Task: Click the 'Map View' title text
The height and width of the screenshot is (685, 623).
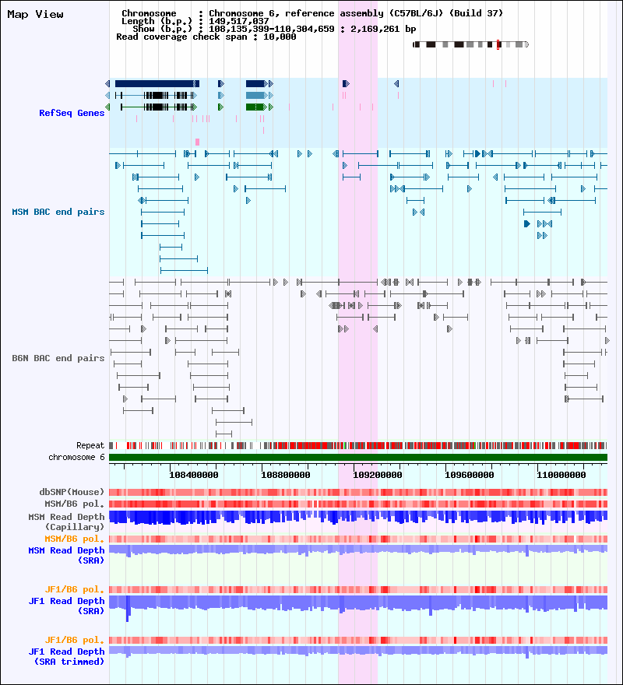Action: coord(35,15)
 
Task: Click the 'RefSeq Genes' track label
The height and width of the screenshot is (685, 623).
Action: coord(72,113)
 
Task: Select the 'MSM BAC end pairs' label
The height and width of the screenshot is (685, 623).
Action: coord(58,212)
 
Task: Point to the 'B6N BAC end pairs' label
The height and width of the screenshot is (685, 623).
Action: coord(58,358)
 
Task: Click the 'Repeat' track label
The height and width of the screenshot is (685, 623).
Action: coord(90,445)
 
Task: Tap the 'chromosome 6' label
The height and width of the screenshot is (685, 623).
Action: coord(76,457)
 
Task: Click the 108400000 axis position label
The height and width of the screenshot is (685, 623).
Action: coord(194,475)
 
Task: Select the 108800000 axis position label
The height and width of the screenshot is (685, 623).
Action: coord(286,475)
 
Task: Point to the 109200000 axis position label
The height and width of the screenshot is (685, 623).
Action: coord(377,475)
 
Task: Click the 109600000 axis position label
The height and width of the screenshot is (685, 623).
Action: coord(469,475)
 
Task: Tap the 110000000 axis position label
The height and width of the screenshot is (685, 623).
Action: coord(561,475)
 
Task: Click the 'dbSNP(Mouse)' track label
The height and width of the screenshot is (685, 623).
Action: coord(72,492)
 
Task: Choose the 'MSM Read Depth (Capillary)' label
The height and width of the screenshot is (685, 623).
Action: coord(66,522)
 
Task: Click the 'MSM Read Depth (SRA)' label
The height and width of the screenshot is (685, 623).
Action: coord(66,555)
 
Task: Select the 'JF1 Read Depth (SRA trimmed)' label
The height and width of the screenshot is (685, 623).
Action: coord(66,657)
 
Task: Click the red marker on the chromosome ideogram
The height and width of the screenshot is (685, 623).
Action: coord(498,44)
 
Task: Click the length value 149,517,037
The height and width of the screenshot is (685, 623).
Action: coord(239,21)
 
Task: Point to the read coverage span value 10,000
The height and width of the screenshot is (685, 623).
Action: coord(280,37)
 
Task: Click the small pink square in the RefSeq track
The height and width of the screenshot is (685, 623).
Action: coord(198,142)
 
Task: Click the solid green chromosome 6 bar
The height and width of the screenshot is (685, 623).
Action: coord(358,458)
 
